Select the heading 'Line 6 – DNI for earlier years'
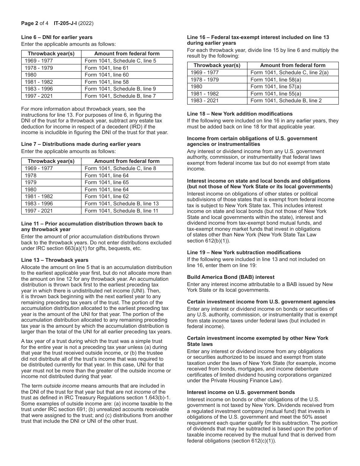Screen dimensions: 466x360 (x=57, y=37)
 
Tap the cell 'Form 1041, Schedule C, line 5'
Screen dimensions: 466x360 (x=120, y=61)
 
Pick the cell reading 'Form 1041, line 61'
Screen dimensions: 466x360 (x=106, y=68)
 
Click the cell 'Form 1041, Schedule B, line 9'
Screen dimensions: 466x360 (x=120, y=89)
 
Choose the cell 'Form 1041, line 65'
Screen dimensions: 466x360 (x=106, y=182)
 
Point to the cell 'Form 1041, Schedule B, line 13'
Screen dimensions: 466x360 (x=122, y=203)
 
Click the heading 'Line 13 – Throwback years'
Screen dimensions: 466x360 (x=55, y=260)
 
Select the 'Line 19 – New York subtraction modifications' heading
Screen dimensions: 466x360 (x=244, y=252)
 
